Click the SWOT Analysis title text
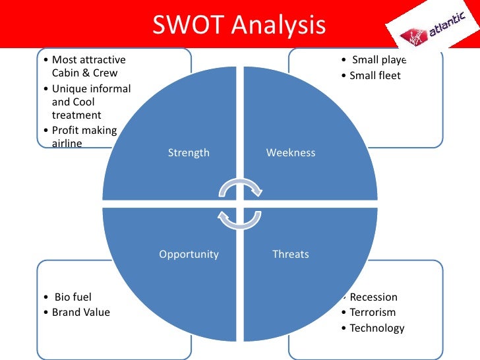239,26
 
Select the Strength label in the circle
189,153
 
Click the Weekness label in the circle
291,153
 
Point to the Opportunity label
189,254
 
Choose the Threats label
291,254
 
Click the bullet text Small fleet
375,76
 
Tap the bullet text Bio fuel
72,297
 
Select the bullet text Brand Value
81,312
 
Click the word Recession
374,297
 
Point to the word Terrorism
373,313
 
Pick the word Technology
376,328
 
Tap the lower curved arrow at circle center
240,219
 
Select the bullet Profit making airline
84,136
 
